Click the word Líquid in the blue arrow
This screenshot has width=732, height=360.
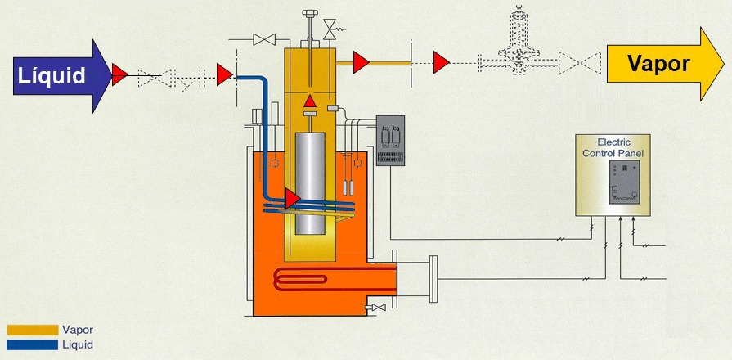click(x=52, y=75)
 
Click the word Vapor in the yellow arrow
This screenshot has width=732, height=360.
click(x=658, y=63)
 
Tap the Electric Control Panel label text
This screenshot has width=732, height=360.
click(x=613, y=147)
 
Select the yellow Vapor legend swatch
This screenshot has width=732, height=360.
click(x=33, y=330)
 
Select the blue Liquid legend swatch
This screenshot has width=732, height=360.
click(x=33, y=345)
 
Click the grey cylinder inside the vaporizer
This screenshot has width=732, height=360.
click(x=310, y=183)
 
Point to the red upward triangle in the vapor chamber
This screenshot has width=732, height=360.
click(x=310, y=101)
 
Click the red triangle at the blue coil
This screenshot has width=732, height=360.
click(x=293, y=199)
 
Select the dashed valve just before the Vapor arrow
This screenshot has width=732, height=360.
click(x=579, y=62)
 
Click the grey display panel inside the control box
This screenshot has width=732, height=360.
click(x=624, y=182)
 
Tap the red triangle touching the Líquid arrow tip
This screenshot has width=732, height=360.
click(x=119, y=74)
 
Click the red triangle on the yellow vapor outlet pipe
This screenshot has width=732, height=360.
click(x=361, y=62)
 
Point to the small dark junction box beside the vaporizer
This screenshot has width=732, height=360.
click(x=390, y=141)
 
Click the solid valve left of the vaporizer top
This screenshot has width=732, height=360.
click(x=264, y=40)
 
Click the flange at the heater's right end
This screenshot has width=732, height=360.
click(x=433, y=279)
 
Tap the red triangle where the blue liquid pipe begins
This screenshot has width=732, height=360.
click(x=225, y=74)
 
